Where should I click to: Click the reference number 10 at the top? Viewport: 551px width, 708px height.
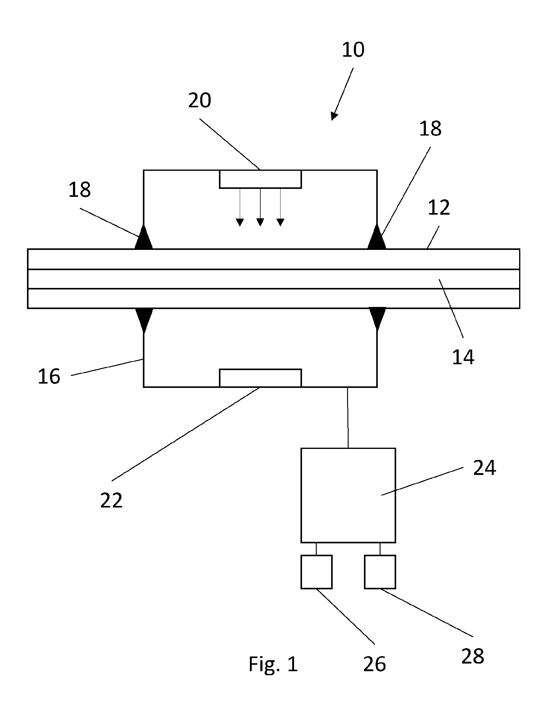(x=353, y=50)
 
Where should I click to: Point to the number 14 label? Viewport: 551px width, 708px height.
(x=463, y=357)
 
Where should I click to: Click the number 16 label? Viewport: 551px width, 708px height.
(x=49, y=377)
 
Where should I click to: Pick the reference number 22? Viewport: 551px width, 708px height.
(x=111, y=500)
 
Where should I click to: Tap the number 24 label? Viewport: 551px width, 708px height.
(x=484, y=468)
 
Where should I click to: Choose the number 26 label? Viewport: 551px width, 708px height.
(x=374, y=664)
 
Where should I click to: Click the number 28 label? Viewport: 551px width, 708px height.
(x=473, y=656)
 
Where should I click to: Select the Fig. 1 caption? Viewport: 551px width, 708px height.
(x=273, y=664)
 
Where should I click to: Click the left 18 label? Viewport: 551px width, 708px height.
(x=79, y=190)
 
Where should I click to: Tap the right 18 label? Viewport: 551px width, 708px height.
(x=430, y=129)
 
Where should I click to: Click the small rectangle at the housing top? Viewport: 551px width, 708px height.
(x=260, y=179)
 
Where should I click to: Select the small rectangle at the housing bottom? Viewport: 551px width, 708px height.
(x=260, y=378)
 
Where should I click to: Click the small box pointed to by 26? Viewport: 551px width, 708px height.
(x=316, y=572)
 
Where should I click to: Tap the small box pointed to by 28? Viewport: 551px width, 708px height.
(x=380, y=572)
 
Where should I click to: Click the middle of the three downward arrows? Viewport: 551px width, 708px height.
(x=260, y=207)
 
